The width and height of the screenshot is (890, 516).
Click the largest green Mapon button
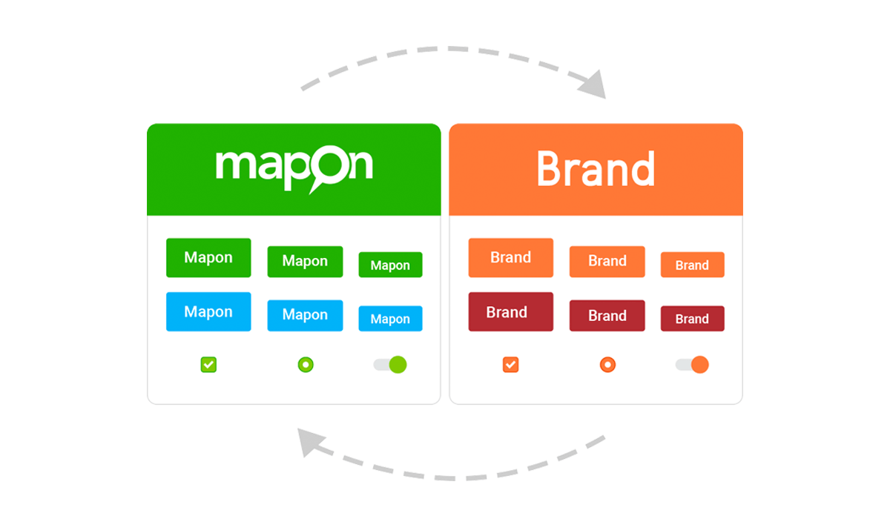tap(208, 257)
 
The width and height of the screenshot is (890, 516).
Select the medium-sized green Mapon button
tap(305, 262)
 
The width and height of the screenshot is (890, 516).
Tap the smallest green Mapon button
tap(391, 265)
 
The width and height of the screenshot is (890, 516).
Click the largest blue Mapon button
tap(208, 311)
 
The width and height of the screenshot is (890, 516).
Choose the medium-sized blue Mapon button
tap(305, 315)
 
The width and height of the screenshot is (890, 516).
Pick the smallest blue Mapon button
tap(391, 318)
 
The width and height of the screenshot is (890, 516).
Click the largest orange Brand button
tap(511, 257)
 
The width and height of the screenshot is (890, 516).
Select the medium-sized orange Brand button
tap(607, 262)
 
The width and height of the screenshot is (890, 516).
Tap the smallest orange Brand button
tap(693, 265)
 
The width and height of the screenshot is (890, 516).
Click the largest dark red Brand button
tap(511, 311)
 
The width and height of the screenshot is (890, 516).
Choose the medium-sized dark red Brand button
tap(607, 315)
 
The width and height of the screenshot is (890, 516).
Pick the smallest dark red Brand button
tap(693, 318)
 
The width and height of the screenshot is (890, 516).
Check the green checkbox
tap(208, 365)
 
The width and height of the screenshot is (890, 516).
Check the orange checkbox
tap(510, 365)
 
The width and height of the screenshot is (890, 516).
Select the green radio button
tap(306, 365)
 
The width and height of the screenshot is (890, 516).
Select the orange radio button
tap(607, 365)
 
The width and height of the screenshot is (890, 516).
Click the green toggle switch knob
tap(398, 365)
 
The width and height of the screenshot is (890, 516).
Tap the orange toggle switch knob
tap(699, 365)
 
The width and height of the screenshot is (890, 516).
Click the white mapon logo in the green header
tap(294, 169)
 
